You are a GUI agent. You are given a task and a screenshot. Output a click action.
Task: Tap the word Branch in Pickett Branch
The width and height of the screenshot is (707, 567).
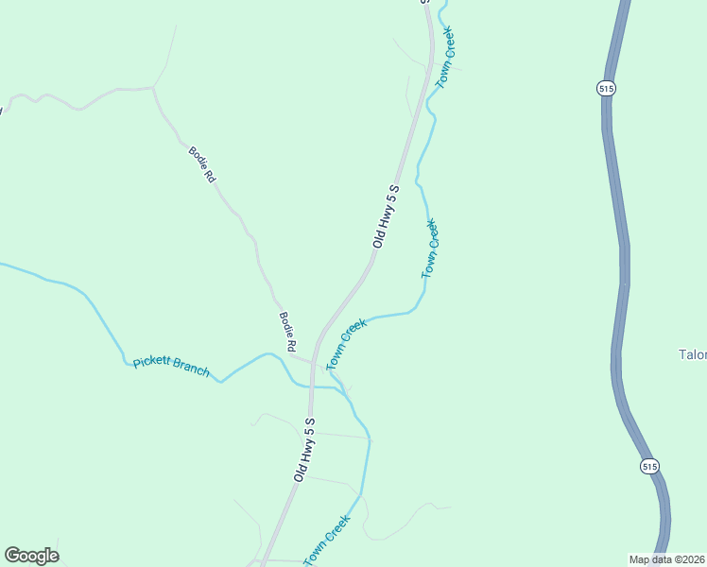pos(190,368)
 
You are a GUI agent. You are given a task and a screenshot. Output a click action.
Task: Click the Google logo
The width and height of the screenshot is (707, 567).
pos(31,556)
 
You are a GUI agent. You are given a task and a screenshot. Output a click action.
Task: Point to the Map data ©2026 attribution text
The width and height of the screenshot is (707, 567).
pos(666,559)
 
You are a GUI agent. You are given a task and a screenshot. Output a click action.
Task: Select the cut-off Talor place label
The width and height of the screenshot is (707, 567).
pos(692,355)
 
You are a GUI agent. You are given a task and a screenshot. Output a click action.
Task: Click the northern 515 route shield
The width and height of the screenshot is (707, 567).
pos(607,88)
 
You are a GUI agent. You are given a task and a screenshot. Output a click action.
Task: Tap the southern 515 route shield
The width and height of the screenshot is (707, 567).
pos(648,467)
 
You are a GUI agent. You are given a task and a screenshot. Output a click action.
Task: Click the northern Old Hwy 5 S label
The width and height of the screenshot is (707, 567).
pos(387,216)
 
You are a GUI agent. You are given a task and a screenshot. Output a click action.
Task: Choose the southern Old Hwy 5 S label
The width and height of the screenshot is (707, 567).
pos(303,449)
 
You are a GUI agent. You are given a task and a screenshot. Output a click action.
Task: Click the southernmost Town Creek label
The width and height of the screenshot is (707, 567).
pos(328,540)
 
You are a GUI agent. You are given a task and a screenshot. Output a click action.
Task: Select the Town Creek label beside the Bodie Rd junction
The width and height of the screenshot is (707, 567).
pos(346,344)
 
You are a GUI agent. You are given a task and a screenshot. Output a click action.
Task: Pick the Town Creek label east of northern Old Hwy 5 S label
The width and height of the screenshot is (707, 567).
pos(430,249)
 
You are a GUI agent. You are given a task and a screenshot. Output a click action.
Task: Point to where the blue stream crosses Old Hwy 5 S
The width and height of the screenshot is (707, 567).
pos(310,386)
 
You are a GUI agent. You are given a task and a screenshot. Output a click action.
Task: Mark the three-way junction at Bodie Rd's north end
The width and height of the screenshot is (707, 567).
pos(153,89)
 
